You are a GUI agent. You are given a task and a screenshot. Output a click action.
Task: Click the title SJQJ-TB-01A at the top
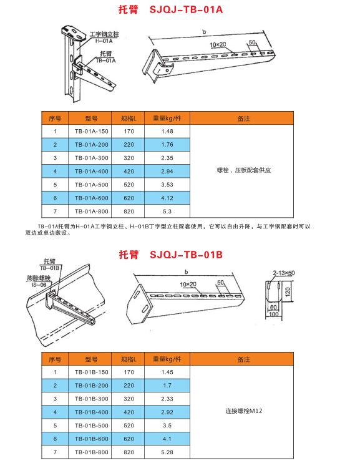click(x=177, y=10)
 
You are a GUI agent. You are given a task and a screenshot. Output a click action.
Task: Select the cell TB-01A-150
click(x=91, y=131)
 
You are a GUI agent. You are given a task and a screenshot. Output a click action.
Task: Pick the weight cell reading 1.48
click(x=167, y=131)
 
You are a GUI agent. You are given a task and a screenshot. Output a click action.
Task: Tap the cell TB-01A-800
click(x=91, y=212)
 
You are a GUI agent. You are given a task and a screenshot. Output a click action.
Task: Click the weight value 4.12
click(x=167, y=198)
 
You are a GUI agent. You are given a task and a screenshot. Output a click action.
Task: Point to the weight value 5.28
click(x=167, y=452)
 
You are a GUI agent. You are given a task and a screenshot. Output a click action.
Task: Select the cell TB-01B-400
click(x=91, y=412)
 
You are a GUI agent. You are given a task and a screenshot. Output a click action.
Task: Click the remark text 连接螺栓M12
click(x=243, y=412)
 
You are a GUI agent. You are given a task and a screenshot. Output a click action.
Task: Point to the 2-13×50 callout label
click(x=285, y=273)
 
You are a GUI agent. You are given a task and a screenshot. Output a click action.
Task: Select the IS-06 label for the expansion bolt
click(x=39, y=285)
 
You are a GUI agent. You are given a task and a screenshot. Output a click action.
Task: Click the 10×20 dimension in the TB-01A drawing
click(x=219, y=45)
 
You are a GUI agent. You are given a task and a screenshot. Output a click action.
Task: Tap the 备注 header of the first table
click(x=243, y=117)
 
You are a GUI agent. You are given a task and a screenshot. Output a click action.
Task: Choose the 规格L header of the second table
click(x=129, y=359)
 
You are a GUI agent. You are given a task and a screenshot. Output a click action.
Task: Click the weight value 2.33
click(x=167, y=398)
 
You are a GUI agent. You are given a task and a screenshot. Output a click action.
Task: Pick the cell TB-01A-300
click(x=91, y=158)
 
